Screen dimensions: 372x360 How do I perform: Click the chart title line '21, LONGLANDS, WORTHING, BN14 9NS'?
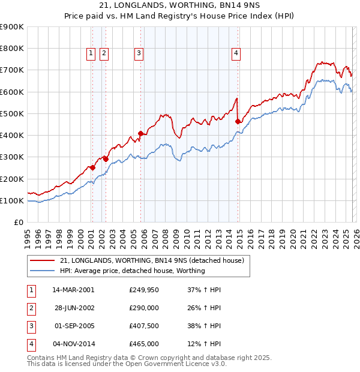pyautogui.click(x=180, y=7)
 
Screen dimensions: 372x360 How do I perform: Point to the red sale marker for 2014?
pyautogui.click(x=238, y=121)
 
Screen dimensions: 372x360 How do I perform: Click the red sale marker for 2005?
pyautogui.click(x=140, y=133)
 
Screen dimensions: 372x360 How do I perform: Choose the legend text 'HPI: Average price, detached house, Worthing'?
pyautogui.click(x=132, y=271)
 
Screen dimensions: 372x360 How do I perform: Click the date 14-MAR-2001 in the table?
pyautogui.click(x=73, y=290)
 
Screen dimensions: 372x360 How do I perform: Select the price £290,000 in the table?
pyautogui.click(x=144, y=308)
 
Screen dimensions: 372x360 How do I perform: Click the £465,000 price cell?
pyautogui.click(x=144, y=344)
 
